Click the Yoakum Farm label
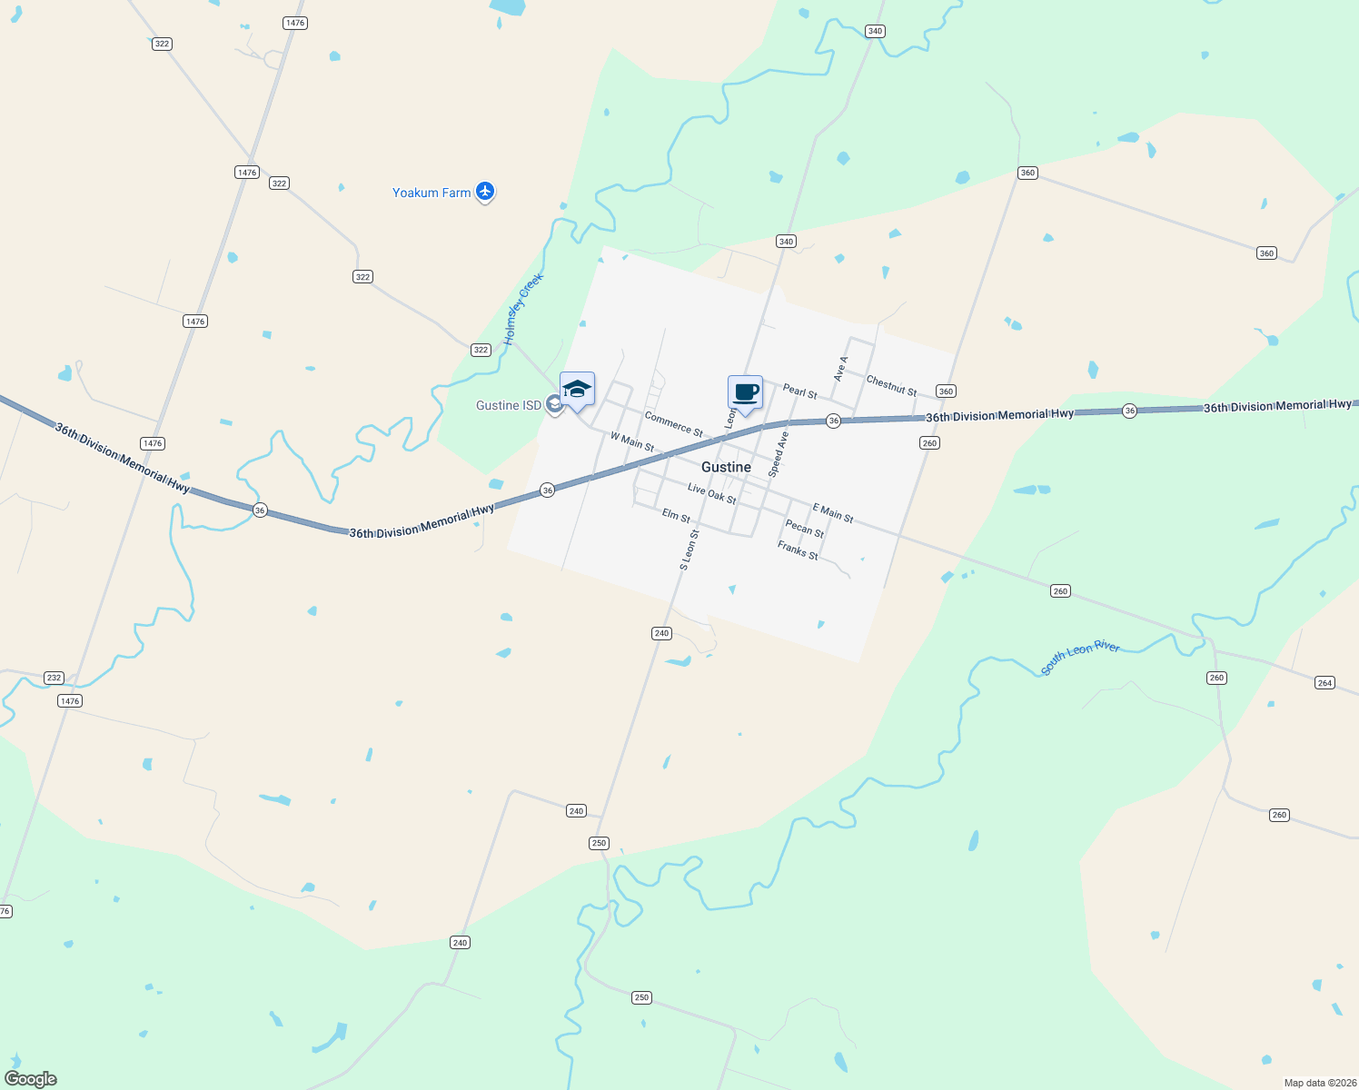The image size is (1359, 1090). [x=432, y=193]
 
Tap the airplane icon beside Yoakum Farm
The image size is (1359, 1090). [x=485, y=191]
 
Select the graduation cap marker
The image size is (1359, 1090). [x=577, y=391]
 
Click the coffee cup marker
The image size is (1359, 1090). [x=745, y=393]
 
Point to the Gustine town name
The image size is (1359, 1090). [x=726, y=467]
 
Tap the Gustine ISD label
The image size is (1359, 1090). [x=508, y=405]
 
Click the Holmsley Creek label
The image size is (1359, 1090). [x=523, y=309]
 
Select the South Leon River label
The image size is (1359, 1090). [x=1080, y=659]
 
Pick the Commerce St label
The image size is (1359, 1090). [x=673, y=423]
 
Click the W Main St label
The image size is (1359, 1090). [x=632, y=441]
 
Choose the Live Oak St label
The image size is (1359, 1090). [x=711, y=493]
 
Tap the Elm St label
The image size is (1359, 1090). [x=676, y=515]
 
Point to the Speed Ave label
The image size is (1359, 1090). [x=779, y=454]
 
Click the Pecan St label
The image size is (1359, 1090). [x=804, y=529]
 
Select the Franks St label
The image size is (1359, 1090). [x=798, y=550]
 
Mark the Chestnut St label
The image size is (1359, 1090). [x=891, y=385]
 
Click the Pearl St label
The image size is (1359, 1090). [x=799, y=391]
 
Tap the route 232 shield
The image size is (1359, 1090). [x=54, y=678]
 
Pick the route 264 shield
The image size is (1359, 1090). [x=1324, y=683]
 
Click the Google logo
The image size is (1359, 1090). [x=31, y=1079]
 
